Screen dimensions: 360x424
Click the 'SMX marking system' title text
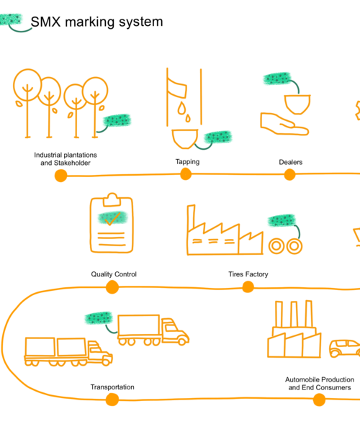pos(96,22)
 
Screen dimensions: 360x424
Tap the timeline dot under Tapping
pos(186,174)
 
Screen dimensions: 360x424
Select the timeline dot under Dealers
pos(289,174)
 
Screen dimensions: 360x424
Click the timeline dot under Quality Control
pos(112,287)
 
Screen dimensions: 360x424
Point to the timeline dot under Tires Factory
pos(248,287)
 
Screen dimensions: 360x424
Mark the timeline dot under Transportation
pos(112,400)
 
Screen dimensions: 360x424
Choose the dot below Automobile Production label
pos(319,400)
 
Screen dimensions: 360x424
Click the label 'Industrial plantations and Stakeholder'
pos(66,159)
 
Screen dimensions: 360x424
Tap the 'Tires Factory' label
pos(248,274)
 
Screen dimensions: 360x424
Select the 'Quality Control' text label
pos(114,274)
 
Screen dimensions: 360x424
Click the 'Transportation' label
pos(112,387)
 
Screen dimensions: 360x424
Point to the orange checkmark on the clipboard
pos(112,219)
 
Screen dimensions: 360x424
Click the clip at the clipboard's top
pos(112,199)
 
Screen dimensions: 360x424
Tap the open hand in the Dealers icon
pos(284,124)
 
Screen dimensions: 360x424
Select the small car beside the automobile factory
pos(344,348)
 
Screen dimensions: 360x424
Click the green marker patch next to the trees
pos(117,120)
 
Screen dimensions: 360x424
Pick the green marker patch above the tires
pos(282,220)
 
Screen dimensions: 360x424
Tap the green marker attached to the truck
pos(99,318)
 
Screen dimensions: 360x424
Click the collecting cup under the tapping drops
pos(185,139)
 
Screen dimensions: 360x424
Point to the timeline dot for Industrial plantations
pos(61,176)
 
